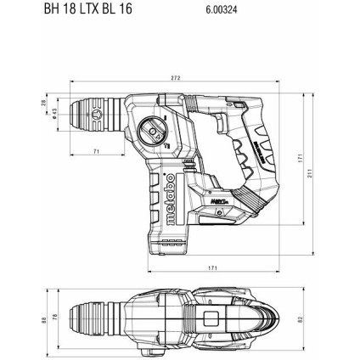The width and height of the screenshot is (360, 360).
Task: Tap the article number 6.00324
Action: click(222, 11)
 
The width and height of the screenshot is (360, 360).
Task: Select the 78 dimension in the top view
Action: click(57, 320)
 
